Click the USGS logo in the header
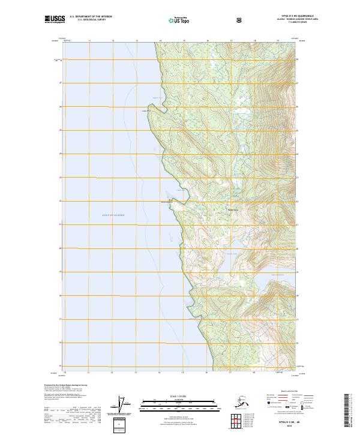55,19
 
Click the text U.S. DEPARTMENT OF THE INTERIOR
91,17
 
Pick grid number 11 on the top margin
89,41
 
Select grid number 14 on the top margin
160,41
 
